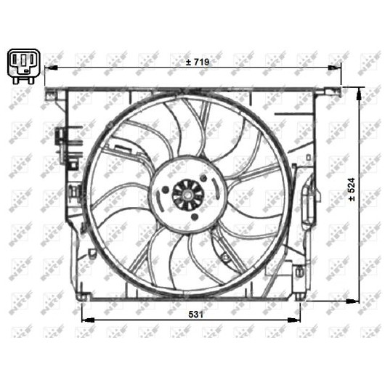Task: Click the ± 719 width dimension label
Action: (x=198, y=62)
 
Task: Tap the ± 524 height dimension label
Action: (x=352, y=190)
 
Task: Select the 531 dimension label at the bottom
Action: (x=195, y=315)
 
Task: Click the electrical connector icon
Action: (x=23, y=66)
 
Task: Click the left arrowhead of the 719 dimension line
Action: (x=51, y=68)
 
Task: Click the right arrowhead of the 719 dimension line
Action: (x=334, y=68)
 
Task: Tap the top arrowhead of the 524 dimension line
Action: (x=360, y=94)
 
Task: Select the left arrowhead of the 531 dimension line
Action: (x=88, y=320)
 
